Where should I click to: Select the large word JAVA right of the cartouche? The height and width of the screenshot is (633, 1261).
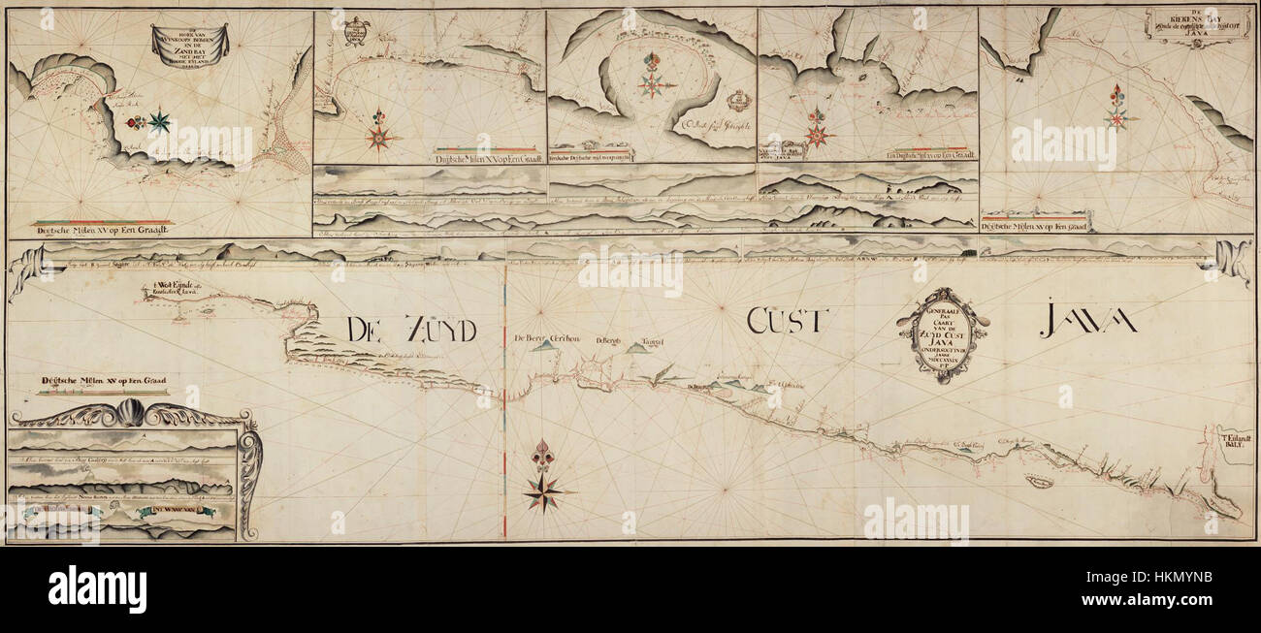pos(1088,321)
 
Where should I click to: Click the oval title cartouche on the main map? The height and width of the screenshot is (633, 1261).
pos(942,333)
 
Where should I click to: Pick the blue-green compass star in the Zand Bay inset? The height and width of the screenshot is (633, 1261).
pos(159,121)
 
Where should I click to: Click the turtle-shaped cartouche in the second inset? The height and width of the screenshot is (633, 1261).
pos(357,31)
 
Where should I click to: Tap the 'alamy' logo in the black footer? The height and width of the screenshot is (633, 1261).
pos(97,589)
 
